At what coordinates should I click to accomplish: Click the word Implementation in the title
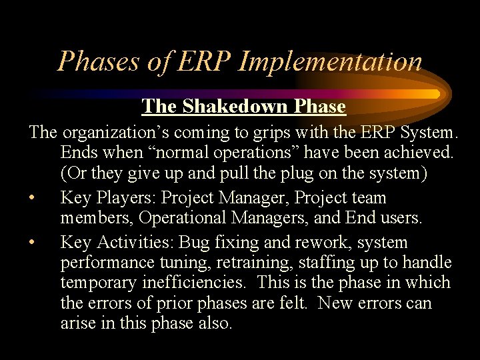[330, 61]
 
